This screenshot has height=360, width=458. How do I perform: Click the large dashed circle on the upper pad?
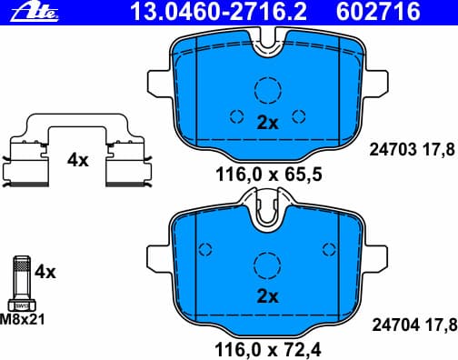[x=267, y=90]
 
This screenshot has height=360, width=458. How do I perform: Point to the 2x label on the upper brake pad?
[x=266, y=124]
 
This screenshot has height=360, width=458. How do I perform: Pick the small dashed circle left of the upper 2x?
[x=236, y=116]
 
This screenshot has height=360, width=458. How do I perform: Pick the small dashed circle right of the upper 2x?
[x=298, y=116]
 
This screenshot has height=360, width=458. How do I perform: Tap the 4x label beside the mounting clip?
[x=77, y=160]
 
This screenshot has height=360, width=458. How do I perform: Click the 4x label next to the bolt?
[x=45, y=272]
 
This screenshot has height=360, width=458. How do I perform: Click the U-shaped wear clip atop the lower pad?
[x=267, y=207]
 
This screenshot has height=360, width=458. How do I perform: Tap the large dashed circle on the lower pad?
[x=267, y=265]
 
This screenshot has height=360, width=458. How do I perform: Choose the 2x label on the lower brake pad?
[x=266, y=296]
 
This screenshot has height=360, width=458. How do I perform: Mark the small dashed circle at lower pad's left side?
[x=204, y=248]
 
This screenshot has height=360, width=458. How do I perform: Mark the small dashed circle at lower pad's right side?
[x=330, y=248]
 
